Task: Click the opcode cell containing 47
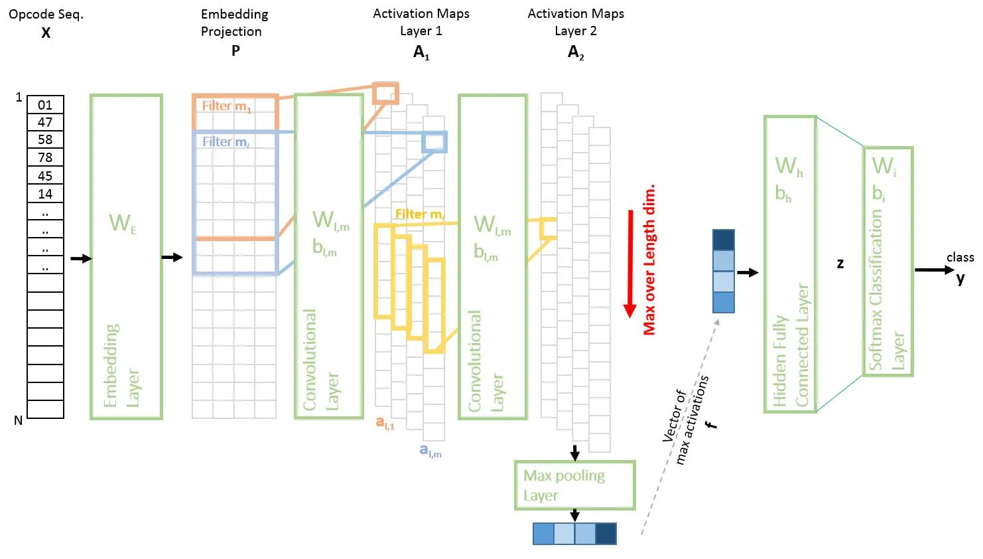pyautogui.click(x=45, y=122)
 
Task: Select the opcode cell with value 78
pyautogui.click(x=45, y=157)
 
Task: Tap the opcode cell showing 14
pyautogui.click(x=45, y=194)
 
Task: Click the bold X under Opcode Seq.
pyautogui.click(x=46, y=33)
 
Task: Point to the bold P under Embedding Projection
pyautogui.click(x=235, y=50)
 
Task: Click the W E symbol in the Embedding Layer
pyautogui.click(x=123, y=223)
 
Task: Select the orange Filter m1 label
pyautogui.click(x=226, y=106)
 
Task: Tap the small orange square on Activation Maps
pyautogui.click(x=385, y=93)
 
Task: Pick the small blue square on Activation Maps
pyautogui.click(x=434, y=141)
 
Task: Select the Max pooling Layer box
pyautogui.click(x=574, y=485)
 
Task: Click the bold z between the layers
pyautogui.click(x=840, y=263)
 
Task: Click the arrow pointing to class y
pyautogui.click(x=933, y=270)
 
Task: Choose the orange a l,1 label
pyautogui.click(x=385, y=422)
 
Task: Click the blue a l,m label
pyautogui.click(x=430, y=451)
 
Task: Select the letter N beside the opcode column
pyautogui.click(x=18, y=420)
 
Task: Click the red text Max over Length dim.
pyautogui.click(x=649, y=259)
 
